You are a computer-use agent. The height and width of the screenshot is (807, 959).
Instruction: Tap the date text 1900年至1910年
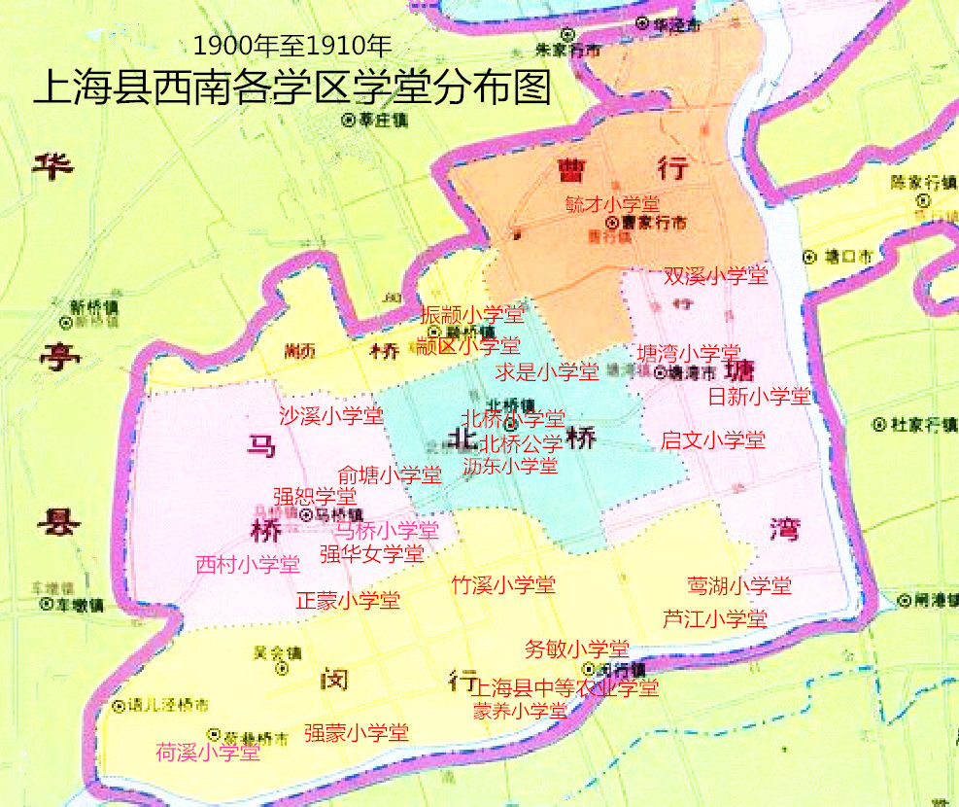[292, 46]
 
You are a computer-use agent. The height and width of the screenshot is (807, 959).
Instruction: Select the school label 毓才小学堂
[612, 204]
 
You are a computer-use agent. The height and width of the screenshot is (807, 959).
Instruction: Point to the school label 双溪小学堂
[716, 276]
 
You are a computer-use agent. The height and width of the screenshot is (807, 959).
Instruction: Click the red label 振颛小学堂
[472, 315]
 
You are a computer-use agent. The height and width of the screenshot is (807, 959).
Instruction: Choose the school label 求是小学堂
[547, 370]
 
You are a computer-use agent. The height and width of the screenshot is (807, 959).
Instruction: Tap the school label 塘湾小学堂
[689, 353]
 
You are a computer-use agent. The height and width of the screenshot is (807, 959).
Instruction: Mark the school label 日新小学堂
[759, 396]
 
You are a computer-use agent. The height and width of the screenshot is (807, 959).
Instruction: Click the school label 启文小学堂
[713, 440]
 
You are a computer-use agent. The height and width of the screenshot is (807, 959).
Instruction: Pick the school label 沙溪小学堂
[331, 416]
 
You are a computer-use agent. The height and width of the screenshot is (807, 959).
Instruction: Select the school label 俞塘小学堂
[390, 474]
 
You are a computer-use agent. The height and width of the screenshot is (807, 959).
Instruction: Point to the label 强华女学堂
[372, 554]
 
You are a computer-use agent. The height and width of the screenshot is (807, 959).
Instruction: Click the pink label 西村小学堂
[248, 564]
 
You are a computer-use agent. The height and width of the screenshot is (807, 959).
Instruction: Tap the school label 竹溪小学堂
[503, 585]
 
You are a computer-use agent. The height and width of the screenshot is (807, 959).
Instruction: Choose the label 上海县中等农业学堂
[566, 688]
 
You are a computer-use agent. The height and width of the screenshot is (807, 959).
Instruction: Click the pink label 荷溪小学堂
[208, 752]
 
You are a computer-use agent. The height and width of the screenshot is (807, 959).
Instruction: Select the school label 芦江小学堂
[715, 618]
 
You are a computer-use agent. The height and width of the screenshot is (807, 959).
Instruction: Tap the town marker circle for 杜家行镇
[878, 424]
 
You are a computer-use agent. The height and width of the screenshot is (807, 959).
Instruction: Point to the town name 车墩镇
[81, 604]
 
